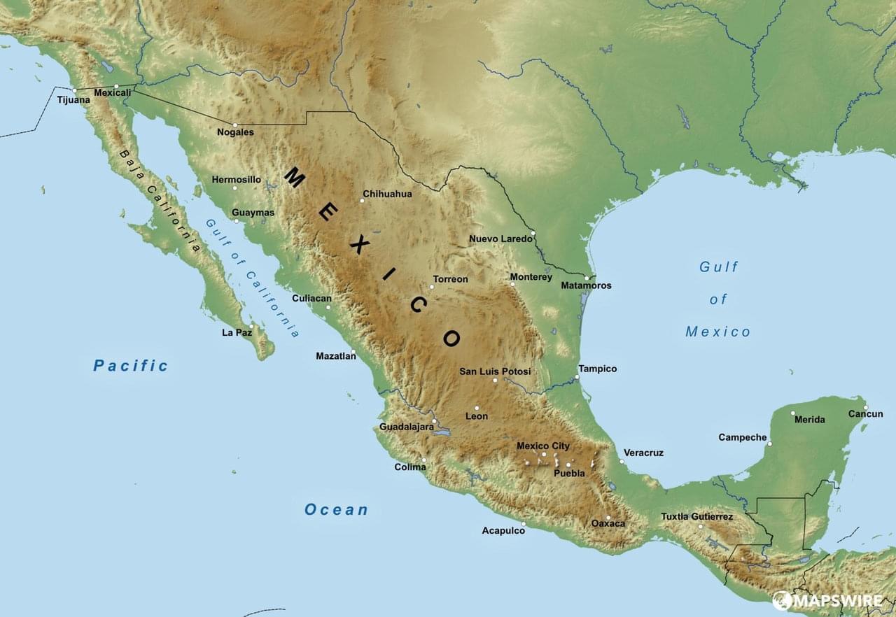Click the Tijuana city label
point(73,100)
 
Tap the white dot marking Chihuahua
point(362,201)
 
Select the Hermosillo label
point(236,180)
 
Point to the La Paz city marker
point(251,326)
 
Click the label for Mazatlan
point(335,356)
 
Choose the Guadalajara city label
point(406,427)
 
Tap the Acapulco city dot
point(523,532)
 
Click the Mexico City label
point(542,446)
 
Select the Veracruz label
point(643,453)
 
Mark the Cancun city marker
point(865,407)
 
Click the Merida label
point(809,420)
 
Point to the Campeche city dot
point(769,444)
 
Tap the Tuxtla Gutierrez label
point(696,517)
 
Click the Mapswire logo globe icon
point(782,600)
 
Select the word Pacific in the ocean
point(131,365)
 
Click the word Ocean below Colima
point(336,510)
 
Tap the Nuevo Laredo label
point(500,239)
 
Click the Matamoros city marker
point(587,278)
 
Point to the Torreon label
point(450,279)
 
